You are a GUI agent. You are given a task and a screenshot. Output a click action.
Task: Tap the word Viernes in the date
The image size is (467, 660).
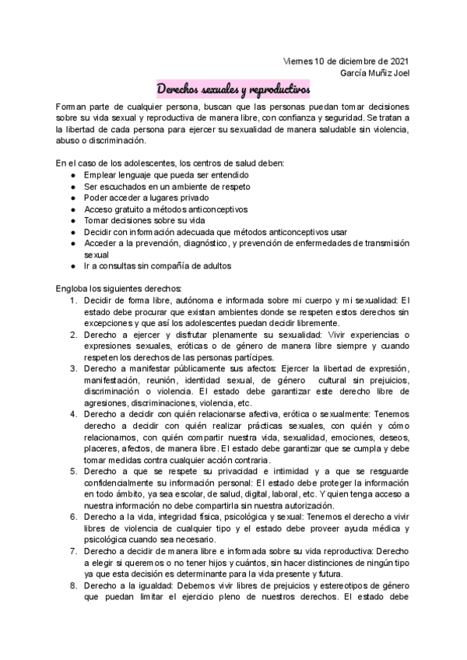coord(299,61)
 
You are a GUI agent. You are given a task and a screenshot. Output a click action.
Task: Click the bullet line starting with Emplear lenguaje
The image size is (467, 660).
coord(148,176)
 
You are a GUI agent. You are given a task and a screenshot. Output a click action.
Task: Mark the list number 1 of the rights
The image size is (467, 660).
coord(73,300)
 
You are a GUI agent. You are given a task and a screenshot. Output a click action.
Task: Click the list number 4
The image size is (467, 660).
coord(73,415)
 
